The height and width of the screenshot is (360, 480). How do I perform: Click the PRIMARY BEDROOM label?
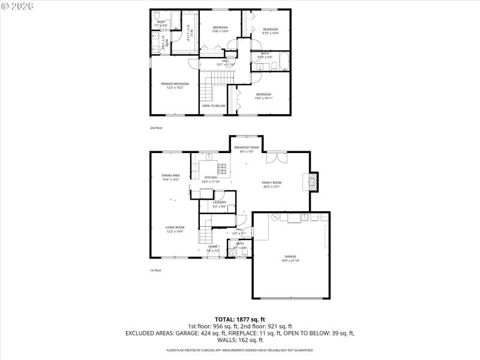click(x=175, y=86)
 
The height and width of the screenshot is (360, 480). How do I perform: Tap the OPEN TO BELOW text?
click(x=214, y=106)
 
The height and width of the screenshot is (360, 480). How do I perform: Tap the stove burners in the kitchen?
click(x=222, y=168)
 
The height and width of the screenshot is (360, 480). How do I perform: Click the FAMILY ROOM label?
click(x=272, y=184)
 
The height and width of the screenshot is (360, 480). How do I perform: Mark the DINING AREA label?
click(x=171, y=177)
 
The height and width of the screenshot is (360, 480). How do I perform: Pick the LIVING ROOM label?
click(x=175, y=229)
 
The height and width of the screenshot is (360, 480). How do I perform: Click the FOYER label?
click(x=213, y=248)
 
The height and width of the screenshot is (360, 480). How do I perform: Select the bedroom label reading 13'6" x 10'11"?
click(x=264, y=96)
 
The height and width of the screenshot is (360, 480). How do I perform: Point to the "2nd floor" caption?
click(x=156, y=128)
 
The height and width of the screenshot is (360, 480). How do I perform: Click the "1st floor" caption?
click(x=156, y=271)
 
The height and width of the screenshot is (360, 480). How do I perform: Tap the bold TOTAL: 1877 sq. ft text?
click(x=240, y=319)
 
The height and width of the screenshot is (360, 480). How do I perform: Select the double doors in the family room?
click(x=272, y=158)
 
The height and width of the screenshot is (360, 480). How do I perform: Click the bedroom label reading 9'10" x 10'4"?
click(x=271, y=31)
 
